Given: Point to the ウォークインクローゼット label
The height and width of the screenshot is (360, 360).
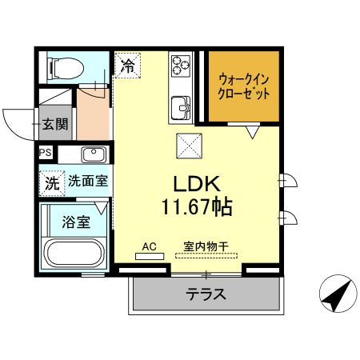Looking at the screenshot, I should pos(244,86).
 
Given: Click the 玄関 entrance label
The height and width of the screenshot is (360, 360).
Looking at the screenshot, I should pos(54,124).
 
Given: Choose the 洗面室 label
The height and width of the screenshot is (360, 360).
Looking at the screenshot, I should pos(87,182).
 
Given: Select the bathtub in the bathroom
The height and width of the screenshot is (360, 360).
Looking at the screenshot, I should pos(74,254).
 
